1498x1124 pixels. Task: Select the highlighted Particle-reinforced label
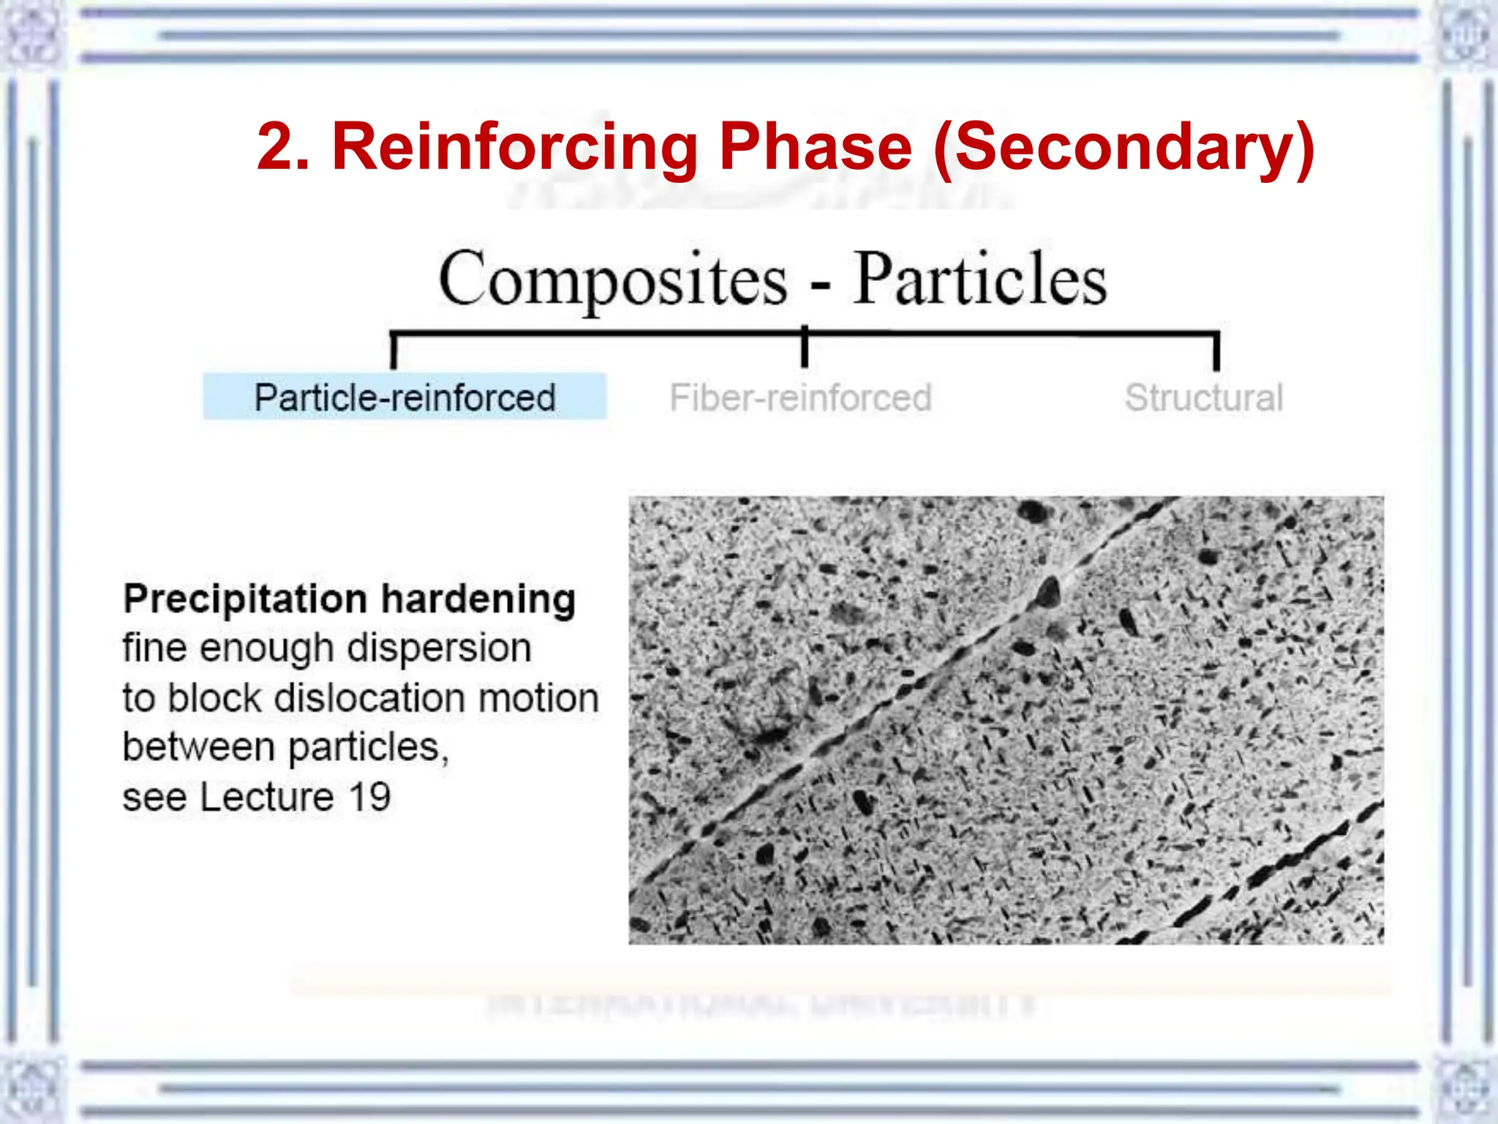(x=404, y=397)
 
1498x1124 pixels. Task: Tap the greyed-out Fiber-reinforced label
(x=800, y=398)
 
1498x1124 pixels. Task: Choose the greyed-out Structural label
(x=1203, y=398)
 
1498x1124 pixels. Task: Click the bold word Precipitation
(x=245, y=600)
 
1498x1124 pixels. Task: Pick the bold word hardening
(x=478, y=600)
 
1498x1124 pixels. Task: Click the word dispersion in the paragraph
(x=439, y=648)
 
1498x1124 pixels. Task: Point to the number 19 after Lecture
(x=369, y=797)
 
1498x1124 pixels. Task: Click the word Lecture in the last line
(x=267, y=797)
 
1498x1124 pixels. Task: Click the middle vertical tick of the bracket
(x=805, y=348)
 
